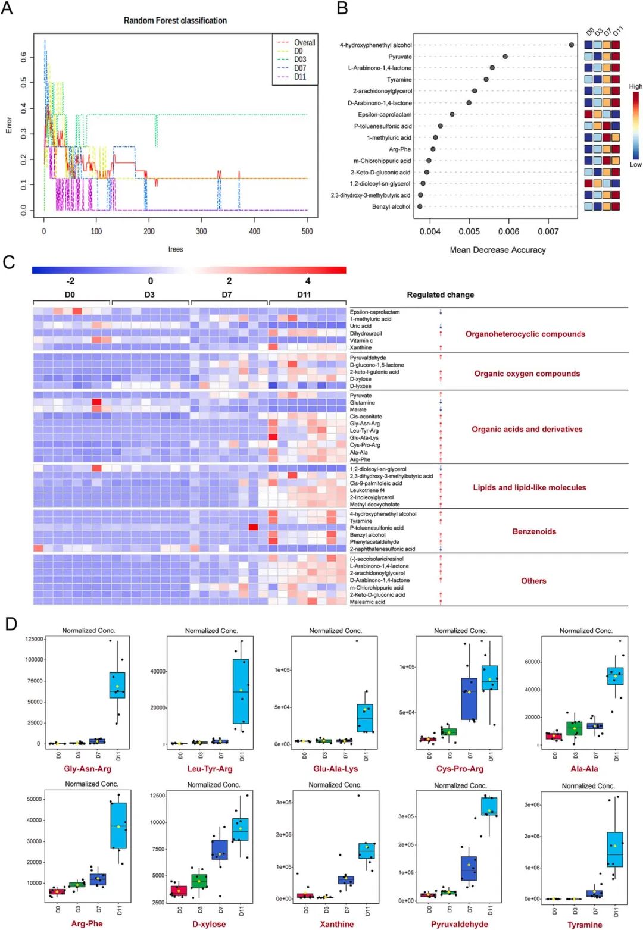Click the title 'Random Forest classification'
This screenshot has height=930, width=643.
point(175,21)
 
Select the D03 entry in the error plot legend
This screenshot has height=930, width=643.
point(300,60)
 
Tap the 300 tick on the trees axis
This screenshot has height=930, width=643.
point(202,231)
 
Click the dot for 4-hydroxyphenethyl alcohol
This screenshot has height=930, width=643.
point(572,45)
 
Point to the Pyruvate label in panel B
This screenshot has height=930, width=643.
point(400,57)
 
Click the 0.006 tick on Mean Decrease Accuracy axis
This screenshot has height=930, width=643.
point(508,232)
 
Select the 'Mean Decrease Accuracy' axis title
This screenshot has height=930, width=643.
point(498,250)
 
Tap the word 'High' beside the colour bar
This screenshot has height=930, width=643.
point(636,87)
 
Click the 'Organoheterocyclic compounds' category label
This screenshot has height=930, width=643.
point(525,334)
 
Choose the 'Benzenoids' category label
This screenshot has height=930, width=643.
point(534,532)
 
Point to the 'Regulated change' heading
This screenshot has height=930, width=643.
point(441,295)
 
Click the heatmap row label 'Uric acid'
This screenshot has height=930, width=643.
point(361,326)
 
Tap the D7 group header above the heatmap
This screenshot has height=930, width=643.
point(227,295)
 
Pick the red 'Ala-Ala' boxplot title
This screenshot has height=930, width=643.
point(584,769)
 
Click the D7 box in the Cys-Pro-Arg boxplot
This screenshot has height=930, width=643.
point(469,699)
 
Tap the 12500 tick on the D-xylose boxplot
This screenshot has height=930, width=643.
point(158,796)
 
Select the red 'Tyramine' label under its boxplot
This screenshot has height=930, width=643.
point(585,925)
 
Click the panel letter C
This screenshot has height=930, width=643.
point(9,262)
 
